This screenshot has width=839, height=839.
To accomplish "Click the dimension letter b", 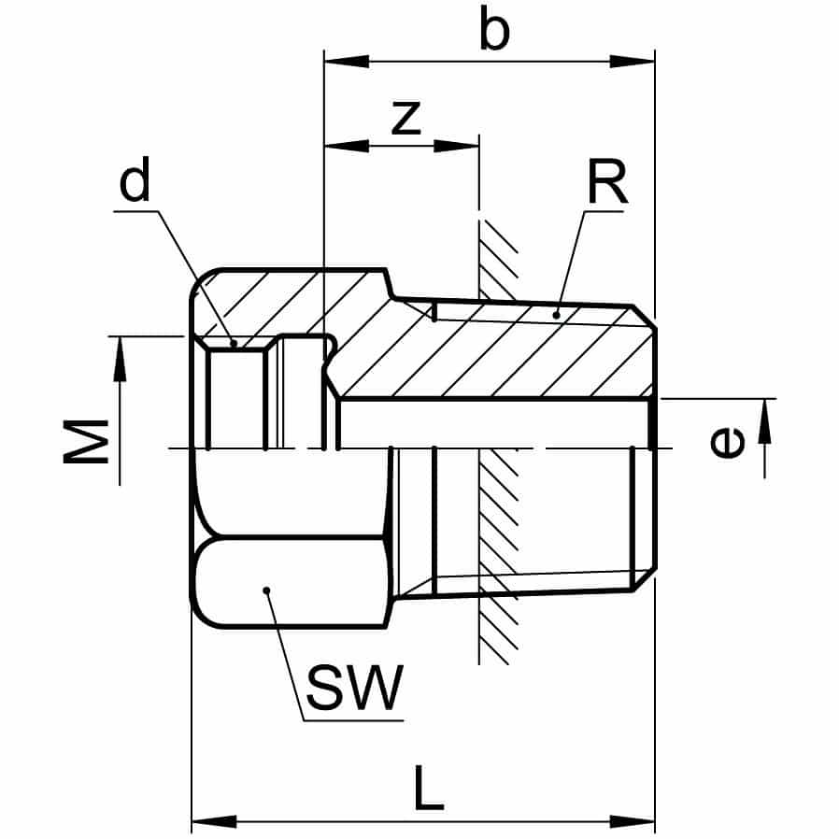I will pos(494,32).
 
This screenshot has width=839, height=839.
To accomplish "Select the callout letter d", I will pos(135,184).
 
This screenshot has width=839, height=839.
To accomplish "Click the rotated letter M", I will pos(87,440).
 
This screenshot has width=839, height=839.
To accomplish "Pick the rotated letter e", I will pos(728,442).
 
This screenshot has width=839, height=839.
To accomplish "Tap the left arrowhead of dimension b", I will pos(343,62).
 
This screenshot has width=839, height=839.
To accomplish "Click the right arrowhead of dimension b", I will pos(634,62).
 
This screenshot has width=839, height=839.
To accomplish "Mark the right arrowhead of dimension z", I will pos(458,146).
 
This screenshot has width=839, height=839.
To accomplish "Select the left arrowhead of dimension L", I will pos(212,822).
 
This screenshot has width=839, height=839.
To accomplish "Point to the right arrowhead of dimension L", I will pos(634,822).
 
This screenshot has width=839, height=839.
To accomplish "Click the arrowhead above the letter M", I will pos(120,359).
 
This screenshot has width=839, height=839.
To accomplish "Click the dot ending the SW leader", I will pos(266,590).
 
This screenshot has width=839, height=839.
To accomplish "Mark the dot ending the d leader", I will pos(234,343).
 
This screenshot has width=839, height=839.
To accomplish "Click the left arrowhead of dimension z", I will pos(343,146).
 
